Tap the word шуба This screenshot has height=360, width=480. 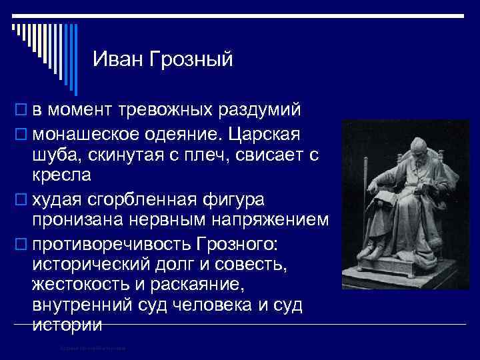(55, 155)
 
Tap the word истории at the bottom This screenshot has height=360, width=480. (67, 325)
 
